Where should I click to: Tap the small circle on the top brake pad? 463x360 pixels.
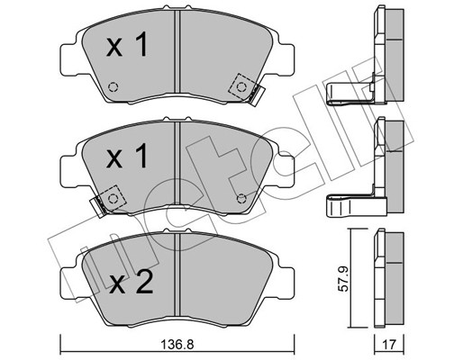(x=113, y=88)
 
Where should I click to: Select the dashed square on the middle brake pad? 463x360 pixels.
(x=113, y=197)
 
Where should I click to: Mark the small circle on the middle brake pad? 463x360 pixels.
(x=241, y=199)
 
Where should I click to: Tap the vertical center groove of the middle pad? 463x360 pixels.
(x=179, y=166)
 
